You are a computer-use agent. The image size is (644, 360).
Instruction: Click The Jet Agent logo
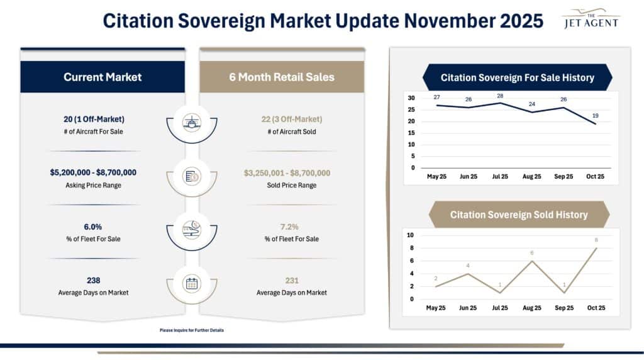(x=590, y=19)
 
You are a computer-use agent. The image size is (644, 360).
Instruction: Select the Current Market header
(x=103, y=77)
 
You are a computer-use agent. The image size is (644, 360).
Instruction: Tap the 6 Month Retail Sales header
(x=282, y=77)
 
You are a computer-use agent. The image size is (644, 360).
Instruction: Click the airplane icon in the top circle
(x=191, y=121)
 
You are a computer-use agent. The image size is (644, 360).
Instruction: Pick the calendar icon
(x=191, y=283)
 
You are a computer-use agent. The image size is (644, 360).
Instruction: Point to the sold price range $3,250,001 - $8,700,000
(x=282, y=172)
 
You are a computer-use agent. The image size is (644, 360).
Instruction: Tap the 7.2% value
(x=282, y=226)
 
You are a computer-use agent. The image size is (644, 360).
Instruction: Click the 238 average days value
(x=94, y=281)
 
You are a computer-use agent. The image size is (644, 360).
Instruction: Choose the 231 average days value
(x=282, y=281)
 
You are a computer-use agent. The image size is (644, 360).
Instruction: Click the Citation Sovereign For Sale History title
(x=517, y=78)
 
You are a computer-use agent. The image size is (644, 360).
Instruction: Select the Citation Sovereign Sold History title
(x=519, y=215)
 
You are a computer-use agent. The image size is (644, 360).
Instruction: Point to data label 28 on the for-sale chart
(x=500, y=96)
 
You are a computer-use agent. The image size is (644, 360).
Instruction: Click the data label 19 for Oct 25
(x=595, y=116)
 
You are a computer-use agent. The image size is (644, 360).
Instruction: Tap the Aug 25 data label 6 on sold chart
(x=531, y=253)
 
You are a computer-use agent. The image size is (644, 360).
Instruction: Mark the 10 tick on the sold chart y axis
(x=410, y=235)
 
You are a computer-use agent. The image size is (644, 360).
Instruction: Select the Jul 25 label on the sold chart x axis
(x=500, y=308)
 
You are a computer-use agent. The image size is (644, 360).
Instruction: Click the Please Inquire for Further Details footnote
(x=192, y=330)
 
